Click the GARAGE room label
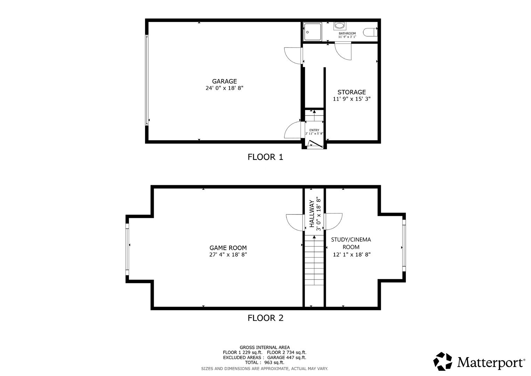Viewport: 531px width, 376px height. (224, 81)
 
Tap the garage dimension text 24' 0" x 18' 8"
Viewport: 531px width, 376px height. (224, 88)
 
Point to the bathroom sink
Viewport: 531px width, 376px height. (339, 26)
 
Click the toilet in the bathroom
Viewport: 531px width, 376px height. (370, 32)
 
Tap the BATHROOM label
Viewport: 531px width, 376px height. (347, 33)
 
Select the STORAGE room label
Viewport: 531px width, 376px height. (352, 92)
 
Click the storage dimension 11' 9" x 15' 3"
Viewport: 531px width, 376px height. (352, 99)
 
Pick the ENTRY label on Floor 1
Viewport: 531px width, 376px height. (314, 130)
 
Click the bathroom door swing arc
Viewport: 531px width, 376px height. (343, 52)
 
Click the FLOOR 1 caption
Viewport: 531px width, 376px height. (265, 157)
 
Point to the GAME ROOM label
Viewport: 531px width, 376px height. (228, 248)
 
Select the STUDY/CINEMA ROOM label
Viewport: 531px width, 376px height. (351, 243)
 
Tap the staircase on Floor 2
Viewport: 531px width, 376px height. (314, 270)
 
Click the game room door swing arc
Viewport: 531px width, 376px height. (294, 222)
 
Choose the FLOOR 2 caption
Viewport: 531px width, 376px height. (265, 318)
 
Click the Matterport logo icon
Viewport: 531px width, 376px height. (443, 361)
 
